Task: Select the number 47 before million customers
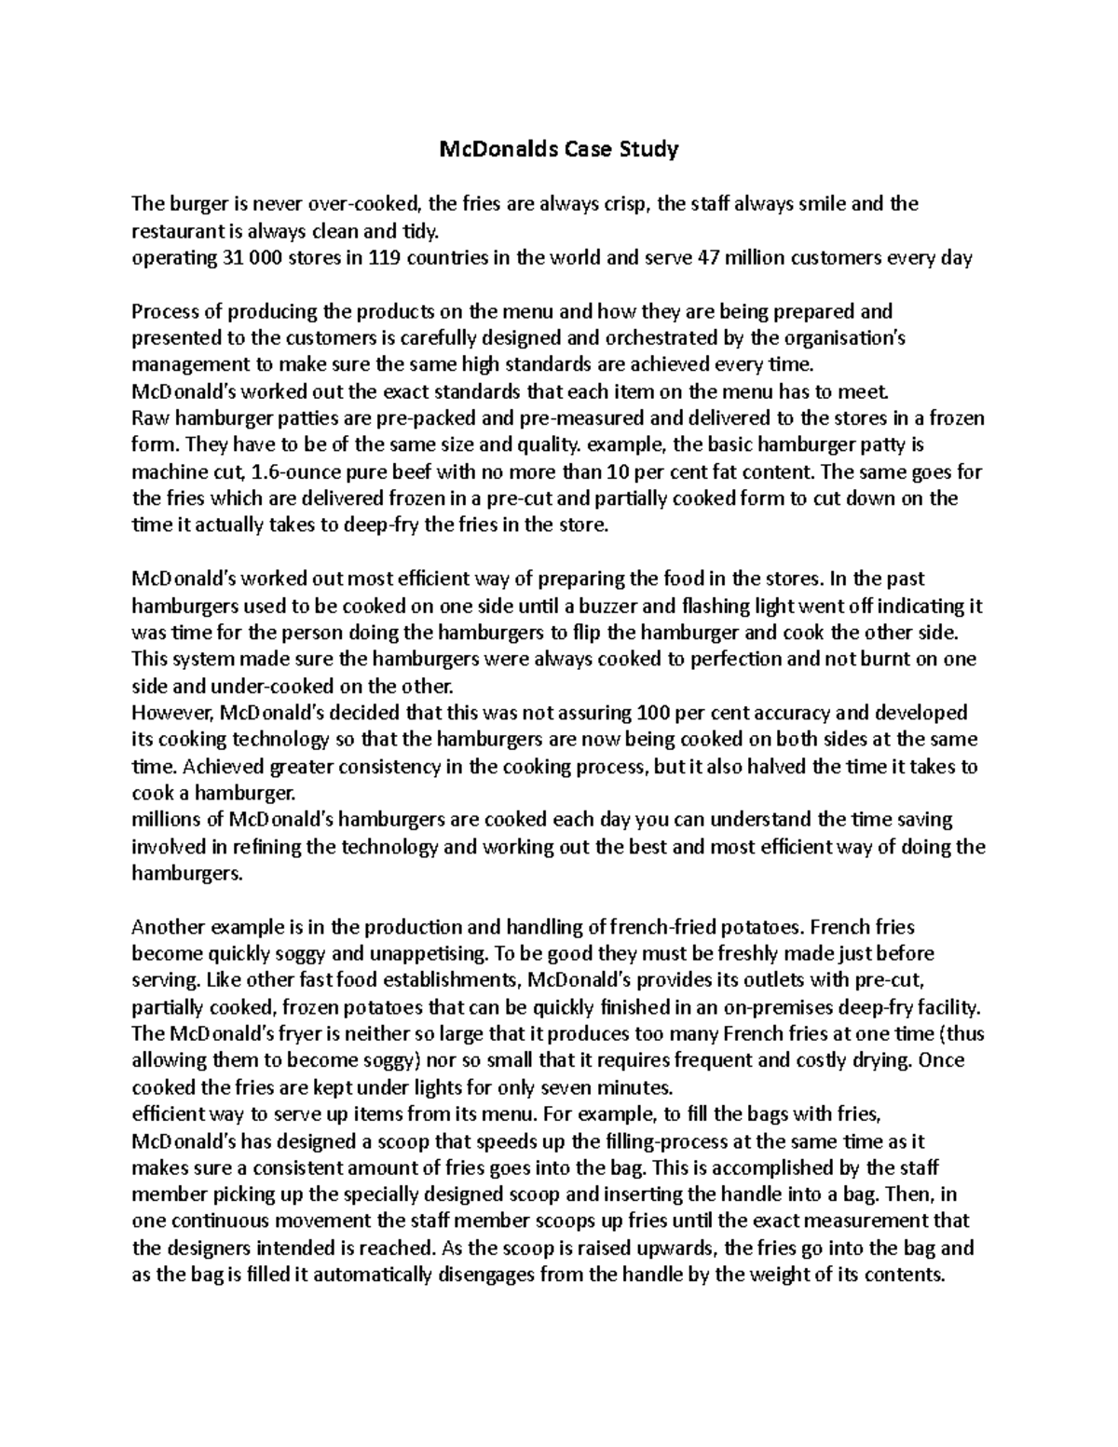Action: pyautogui.click(x=709, y=258)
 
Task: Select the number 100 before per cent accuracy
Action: pyautogui.click(x=648, y=713)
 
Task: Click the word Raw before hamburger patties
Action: pyautogui.click(x=147, y=416)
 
